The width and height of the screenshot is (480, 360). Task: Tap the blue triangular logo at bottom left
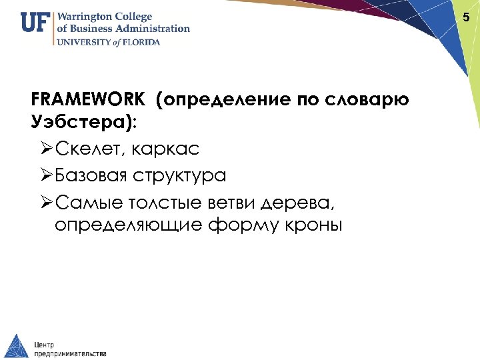click(x=17, y=345)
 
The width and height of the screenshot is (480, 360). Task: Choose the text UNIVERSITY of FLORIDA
click(x=108, y=41)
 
